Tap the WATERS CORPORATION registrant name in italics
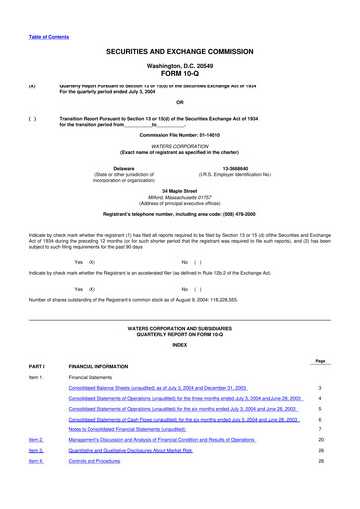(x=179, y=145)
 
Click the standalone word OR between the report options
(x=179, y=102)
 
